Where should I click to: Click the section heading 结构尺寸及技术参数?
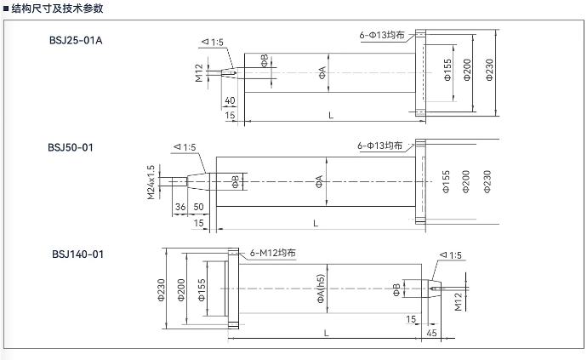[57, 9]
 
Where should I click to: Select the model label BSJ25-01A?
[76, 41]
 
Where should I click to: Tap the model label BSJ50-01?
[71, 147]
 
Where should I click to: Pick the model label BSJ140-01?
[77, 254]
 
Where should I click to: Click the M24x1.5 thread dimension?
[151, 182]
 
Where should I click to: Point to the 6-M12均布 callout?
[273, 253]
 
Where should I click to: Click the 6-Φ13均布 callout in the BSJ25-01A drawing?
[382, 35]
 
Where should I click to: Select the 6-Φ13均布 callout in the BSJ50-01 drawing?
[379, 146]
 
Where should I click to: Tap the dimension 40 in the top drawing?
[230, 100]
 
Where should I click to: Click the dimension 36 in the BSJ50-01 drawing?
[180, 207]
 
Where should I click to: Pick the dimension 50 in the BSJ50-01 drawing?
[198, 207]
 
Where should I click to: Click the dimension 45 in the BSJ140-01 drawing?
[431, 333]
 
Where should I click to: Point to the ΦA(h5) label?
[321, 289]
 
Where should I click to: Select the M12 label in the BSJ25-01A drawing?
[198, 73]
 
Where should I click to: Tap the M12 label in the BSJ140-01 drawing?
[459, 302]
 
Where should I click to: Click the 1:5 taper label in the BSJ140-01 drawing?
[451, 255]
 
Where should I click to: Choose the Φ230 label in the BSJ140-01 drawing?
[161, 290]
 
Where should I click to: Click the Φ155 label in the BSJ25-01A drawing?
[447, 70]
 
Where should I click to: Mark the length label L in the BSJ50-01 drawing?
[316, 223]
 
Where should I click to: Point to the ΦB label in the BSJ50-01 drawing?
[236, 181]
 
